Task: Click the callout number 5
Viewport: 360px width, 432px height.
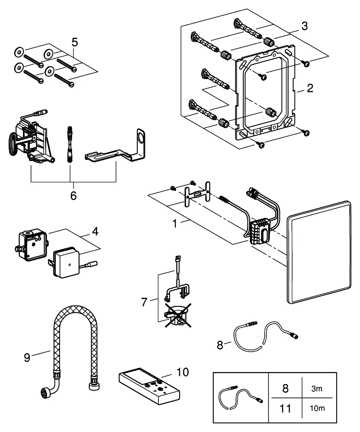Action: (75, 42)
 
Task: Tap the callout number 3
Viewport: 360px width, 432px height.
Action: (305, 26)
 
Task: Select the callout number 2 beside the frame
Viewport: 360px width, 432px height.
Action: (309, 89)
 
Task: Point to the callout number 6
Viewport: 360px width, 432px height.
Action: (73, 195)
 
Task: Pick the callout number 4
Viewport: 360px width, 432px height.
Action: (94, 232)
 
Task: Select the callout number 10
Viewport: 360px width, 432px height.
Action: (183, 372)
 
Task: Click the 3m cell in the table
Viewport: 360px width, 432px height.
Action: (317, 388)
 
